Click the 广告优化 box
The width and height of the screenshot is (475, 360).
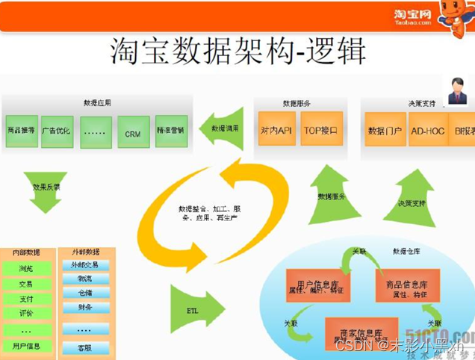tap(57, 131)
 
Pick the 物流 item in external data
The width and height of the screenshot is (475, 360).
tap(84, 279)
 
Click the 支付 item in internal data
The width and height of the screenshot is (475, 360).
tap(26, 298)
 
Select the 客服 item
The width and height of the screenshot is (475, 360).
tap(84, 347)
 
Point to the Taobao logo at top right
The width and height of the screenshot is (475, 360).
tap(414, 16)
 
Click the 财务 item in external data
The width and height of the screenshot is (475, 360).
tap(84, 307)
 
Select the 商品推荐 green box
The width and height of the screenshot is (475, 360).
tap(20, 131)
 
